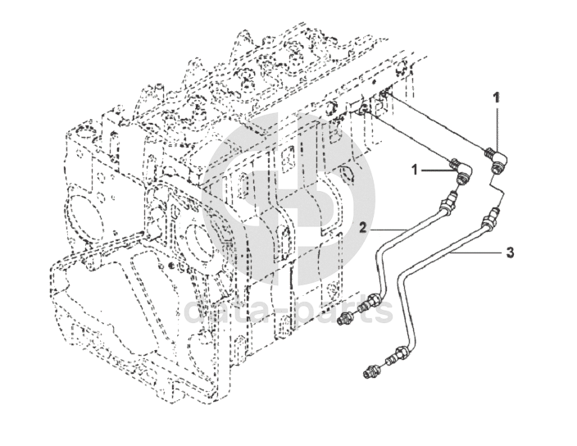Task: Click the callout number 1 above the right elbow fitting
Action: (496, 98)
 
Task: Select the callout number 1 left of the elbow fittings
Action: (415, 170)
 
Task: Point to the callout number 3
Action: (510, 253)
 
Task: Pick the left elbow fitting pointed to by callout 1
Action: (462, 174)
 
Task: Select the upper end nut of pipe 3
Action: (491, 218)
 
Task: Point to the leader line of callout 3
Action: (475, 253)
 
